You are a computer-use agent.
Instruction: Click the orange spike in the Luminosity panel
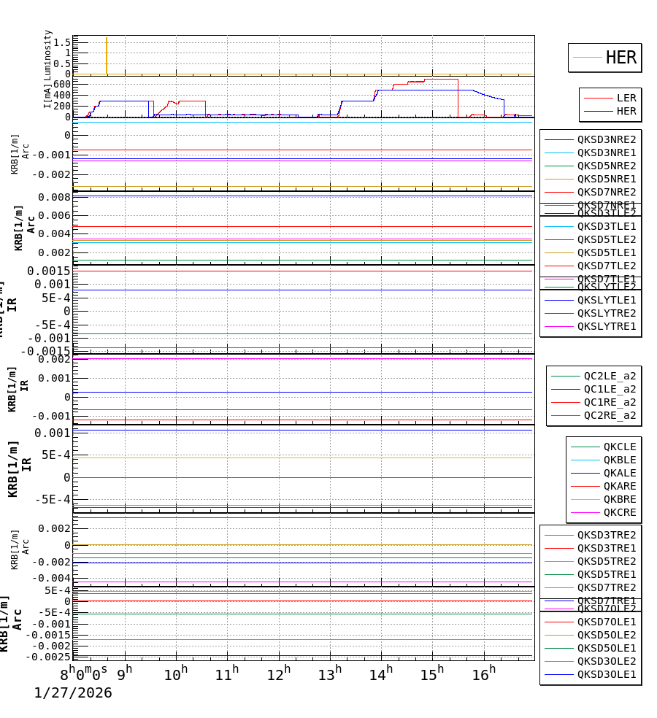pyautogui.click(x=107, y=55)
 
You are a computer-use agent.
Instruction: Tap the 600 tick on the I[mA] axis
pyautogui.click(x=61, y=84)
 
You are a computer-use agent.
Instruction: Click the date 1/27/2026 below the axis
pyautogui.click(x=73, y=692)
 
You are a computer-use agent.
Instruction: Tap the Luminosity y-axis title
pyautogui.click(x=48, y=53)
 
